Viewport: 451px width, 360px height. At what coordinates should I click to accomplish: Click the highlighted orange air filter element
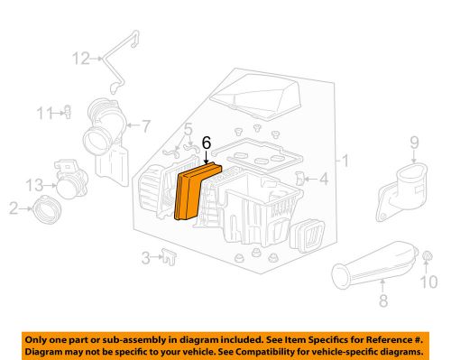192,191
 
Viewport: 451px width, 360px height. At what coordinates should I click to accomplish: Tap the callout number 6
206,142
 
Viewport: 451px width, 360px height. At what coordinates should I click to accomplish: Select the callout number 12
81,59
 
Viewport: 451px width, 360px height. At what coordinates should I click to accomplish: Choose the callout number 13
33,184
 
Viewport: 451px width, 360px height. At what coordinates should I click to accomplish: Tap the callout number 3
146,259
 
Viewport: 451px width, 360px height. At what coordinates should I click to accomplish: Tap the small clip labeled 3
170,258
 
